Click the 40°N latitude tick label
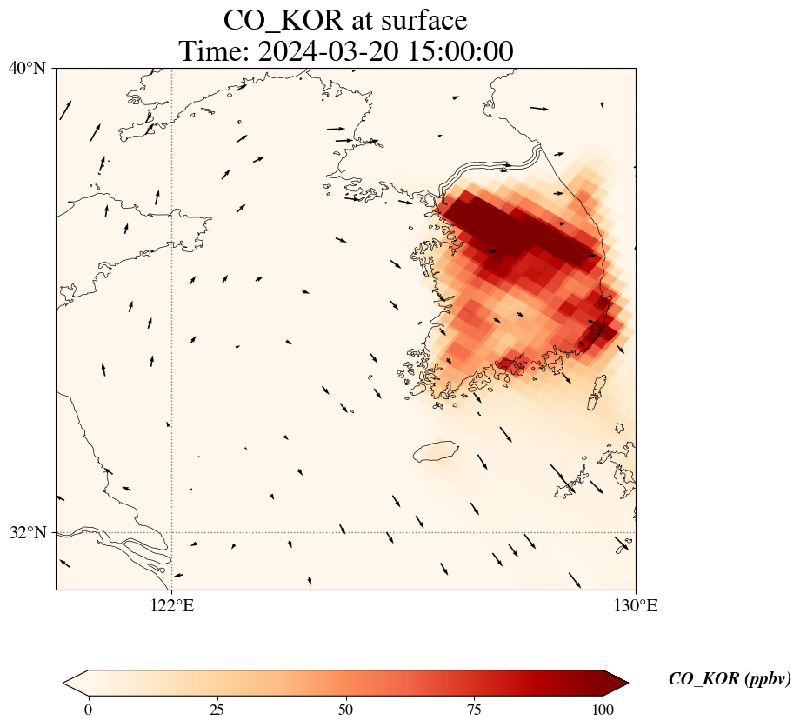coord(27,68)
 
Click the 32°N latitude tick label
coord(27,532)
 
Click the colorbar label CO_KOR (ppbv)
coord(730,679)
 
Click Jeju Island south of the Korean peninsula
coord(436,451)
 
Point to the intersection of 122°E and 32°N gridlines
coord(172,532)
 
